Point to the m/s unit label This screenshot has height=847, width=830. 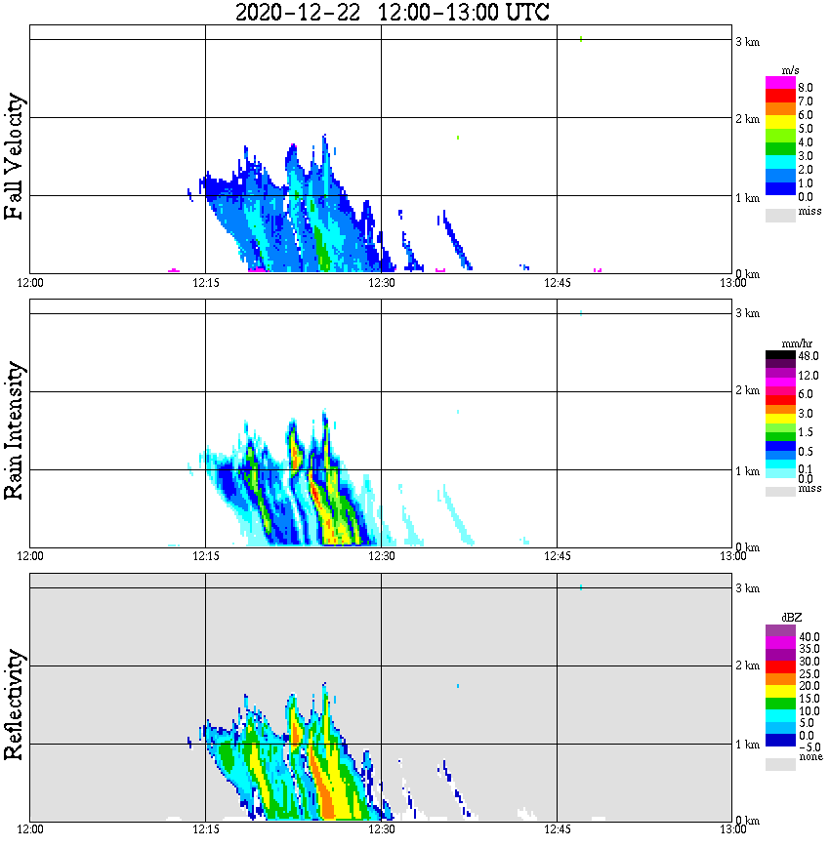point(790,69)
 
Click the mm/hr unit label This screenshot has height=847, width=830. point(792,344)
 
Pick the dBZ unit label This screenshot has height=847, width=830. point(790,618)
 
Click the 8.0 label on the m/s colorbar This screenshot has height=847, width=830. point(805,87)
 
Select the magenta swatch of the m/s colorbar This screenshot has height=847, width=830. point(779,83)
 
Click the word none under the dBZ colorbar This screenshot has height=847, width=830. point(809,757)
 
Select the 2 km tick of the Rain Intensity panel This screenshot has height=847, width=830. point(747,391)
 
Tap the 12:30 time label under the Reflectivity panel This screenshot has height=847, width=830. point(381,830)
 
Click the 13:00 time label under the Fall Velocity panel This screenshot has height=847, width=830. point(732,283)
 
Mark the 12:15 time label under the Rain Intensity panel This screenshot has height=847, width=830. point(205,556)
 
